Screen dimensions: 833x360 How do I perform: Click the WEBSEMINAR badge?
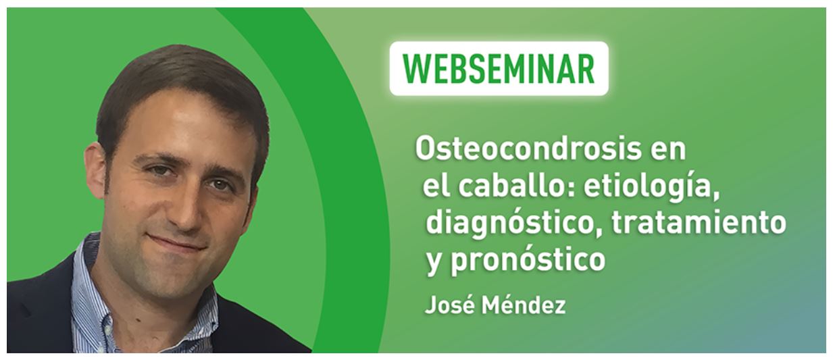(499, 68)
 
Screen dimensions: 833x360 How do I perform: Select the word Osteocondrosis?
(528, 149)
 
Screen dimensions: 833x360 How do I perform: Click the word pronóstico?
(528, 260)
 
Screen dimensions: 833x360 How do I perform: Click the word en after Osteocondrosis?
(668, 151)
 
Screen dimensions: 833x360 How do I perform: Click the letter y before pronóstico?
(434, 263)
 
